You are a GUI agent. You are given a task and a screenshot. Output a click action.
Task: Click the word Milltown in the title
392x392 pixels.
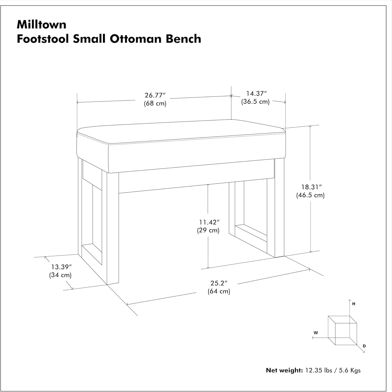point(42,25)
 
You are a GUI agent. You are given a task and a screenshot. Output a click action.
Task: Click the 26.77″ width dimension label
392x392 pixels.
point(155,95)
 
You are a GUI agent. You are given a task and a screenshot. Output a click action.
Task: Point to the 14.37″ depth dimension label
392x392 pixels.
point(256,93)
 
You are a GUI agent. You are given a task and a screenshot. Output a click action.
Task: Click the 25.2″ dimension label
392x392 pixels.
point(219,283)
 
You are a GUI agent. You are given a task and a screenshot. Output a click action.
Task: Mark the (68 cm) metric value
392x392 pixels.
point(155,103)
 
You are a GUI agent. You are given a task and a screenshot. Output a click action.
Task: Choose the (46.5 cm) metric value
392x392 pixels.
point(310,195)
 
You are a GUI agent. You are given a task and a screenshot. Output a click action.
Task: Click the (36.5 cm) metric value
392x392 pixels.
point(255,101)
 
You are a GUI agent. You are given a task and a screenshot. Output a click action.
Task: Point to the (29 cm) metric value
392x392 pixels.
point(208,230)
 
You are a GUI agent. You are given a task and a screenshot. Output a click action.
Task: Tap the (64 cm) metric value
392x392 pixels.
point(219,291)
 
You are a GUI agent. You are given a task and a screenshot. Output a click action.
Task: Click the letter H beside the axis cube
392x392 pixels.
point(354,304)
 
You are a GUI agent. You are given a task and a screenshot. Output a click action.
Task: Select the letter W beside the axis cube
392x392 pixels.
point(316,333)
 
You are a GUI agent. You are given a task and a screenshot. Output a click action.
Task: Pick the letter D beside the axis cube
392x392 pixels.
point(364,346)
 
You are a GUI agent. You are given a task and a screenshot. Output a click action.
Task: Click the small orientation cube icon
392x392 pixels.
point(342,330)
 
